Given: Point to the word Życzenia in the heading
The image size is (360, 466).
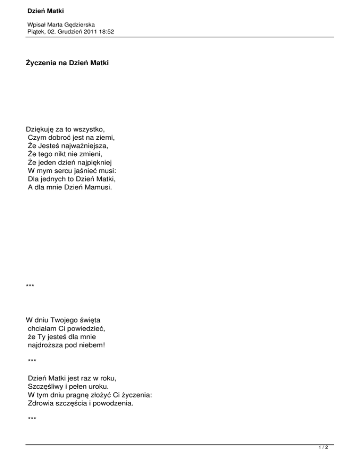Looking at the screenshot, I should click(42, 62).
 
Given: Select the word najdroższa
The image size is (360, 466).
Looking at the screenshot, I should click(48, 345).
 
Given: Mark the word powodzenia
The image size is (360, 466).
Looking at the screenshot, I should click(112, 403).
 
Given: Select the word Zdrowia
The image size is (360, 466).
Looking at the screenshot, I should click(43, 403).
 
